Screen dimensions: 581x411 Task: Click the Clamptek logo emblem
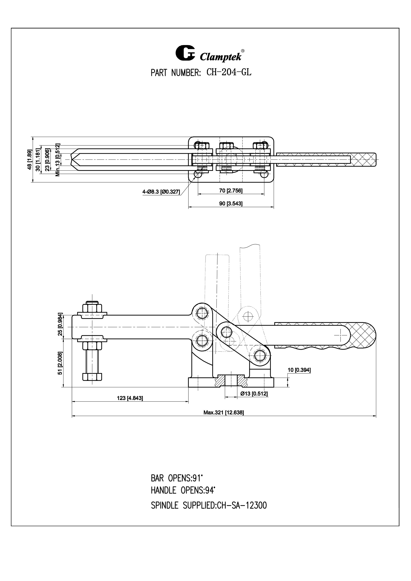pos(185,53)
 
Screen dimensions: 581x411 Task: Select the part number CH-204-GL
pos(229,73)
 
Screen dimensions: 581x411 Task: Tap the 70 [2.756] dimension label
pos(231,191)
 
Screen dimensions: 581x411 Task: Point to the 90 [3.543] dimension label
pos(231,204)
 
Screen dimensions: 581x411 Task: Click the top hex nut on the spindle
pos(92,308)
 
